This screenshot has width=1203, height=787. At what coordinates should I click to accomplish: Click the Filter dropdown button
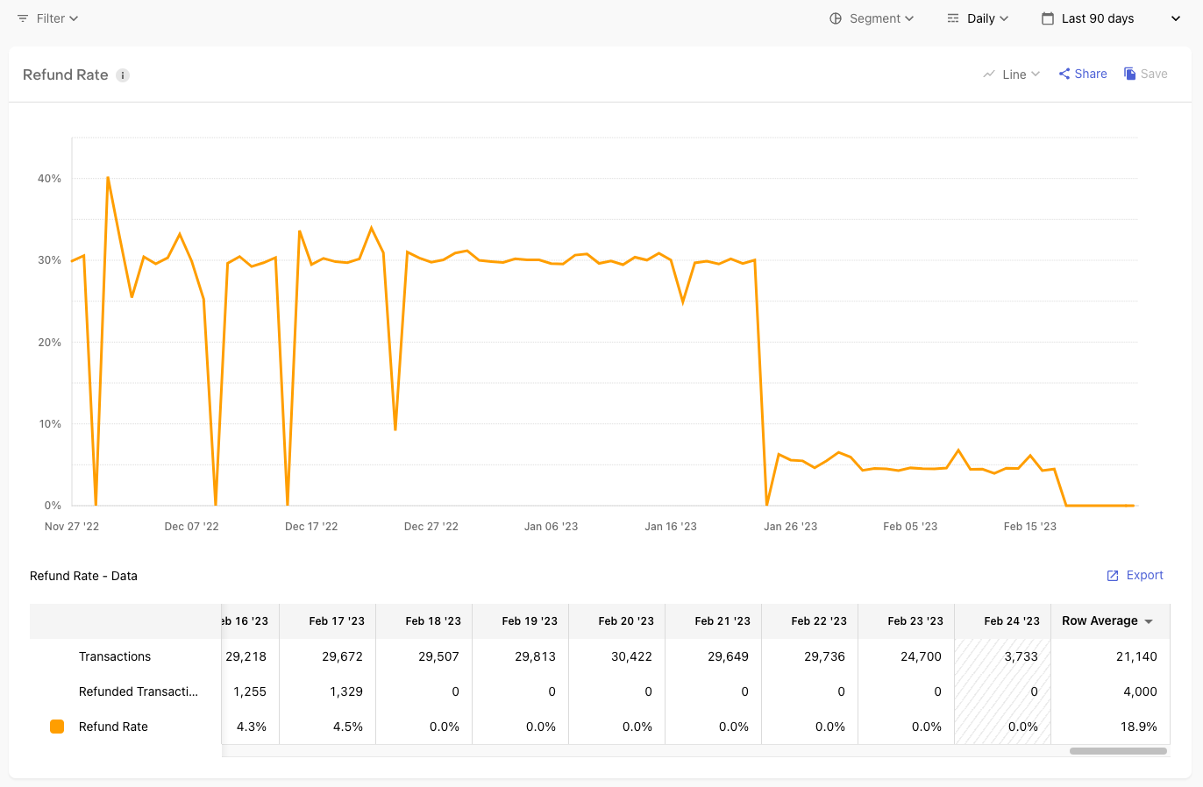48,18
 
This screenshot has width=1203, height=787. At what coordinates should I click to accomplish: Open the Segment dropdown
872,18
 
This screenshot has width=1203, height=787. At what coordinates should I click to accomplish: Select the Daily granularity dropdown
979,18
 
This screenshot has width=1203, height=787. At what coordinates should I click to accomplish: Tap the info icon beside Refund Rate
123,75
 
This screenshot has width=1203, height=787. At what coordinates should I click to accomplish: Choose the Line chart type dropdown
1012,74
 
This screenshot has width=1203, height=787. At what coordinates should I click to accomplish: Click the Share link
1083,74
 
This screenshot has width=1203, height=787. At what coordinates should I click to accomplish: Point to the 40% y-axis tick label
49,179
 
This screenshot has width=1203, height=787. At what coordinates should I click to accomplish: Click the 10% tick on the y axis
49,424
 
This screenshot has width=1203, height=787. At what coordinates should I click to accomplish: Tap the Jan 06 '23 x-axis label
551,527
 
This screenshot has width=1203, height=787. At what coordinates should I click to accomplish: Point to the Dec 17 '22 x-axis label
311,527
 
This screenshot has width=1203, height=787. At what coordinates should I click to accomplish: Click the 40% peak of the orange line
108,178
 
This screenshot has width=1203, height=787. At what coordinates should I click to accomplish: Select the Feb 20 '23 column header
625,620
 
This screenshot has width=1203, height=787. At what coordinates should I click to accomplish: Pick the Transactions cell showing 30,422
631,656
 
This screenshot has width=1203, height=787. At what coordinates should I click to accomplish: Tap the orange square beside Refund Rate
57,727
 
